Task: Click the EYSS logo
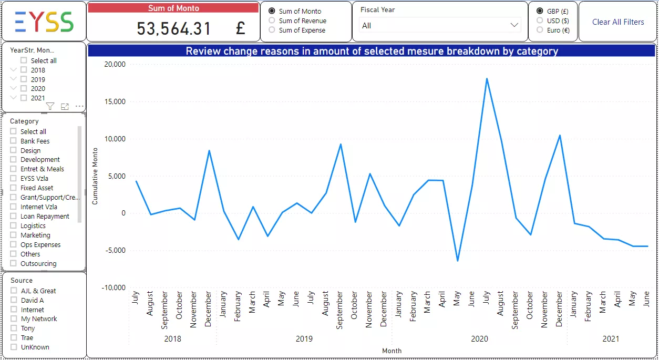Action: (44, 22)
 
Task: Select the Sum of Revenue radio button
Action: (272, 20)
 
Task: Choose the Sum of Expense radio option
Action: (272, 30)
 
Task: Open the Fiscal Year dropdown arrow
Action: (514, 25)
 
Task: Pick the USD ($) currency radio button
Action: (540, 20)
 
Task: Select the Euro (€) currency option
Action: (540, 30)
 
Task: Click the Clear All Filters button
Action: (618, 22)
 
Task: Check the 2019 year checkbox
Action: (24, 79)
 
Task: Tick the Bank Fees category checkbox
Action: (14, 141)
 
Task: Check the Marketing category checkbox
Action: (14, 235)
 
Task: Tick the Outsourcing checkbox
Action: (14, 263)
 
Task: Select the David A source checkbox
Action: (14, 300)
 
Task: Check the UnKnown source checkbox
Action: (14, 347)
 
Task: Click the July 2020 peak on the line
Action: (487, 79)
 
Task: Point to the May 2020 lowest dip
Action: (458, 261)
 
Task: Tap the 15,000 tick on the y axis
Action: (116, 101)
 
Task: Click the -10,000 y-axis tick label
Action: (114, 287)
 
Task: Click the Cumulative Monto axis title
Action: (95, 177)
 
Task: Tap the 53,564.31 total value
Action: (174, 28)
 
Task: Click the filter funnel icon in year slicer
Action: (50, 107)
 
